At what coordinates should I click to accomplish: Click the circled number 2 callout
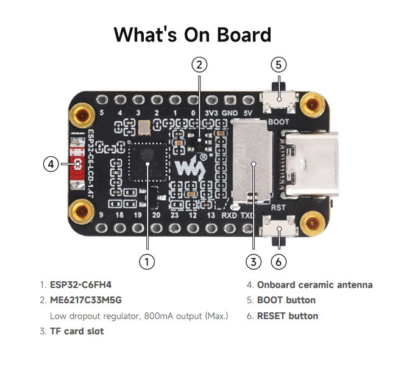point(199,64)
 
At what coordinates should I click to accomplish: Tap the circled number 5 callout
point(278,64)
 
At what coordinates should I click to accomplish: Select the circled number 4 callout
point(51,163)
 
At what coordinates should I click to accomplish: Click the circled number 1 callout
point(146,262)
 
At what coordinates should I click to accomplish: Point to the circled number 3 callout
point(254,262)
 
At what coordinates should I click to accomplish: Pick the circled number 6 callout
point(278,262)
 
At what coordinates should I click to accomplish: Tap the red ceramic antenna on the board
point(77,164)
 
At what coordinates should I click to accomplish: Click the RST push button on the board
point(279,232)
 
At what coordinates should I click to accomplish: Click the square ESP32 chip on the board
point(147,163)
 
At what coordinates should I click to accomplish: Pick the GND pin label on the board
point(230,113)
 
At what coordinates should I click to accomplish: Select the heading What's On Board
point(193,34)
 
